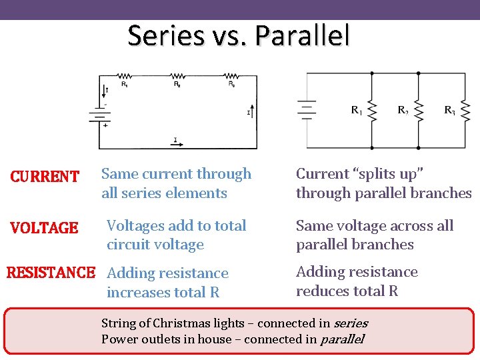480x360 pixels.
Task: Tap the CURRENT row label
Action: pos(45,177)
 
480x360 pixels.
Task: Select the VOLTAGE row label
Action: pos(45,228)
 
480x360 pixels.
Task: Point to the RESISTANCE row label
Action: pos(51,273)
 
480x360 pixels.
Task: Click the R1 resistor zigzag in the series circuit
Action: pos(125,76)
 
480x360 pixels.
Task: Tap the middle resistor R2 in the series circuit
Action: pos(177,76)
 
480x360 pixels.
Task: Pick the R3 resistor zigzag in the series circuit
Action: pos(231,76)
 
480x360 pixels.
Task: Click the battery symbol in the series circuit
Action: pos(99,115)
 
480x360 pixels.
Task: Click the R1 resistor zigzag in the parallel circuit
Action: pos(372,111)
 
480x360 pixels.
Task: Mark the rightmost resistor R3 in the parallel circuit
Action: pos(466,111)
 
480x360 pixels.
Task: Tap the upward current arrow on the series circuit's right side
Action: pos(251,111)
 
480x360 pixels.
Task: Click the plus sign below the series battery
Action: pos(105,125)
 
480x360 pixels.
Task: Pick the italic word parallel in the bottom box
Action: pos(342,339)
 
